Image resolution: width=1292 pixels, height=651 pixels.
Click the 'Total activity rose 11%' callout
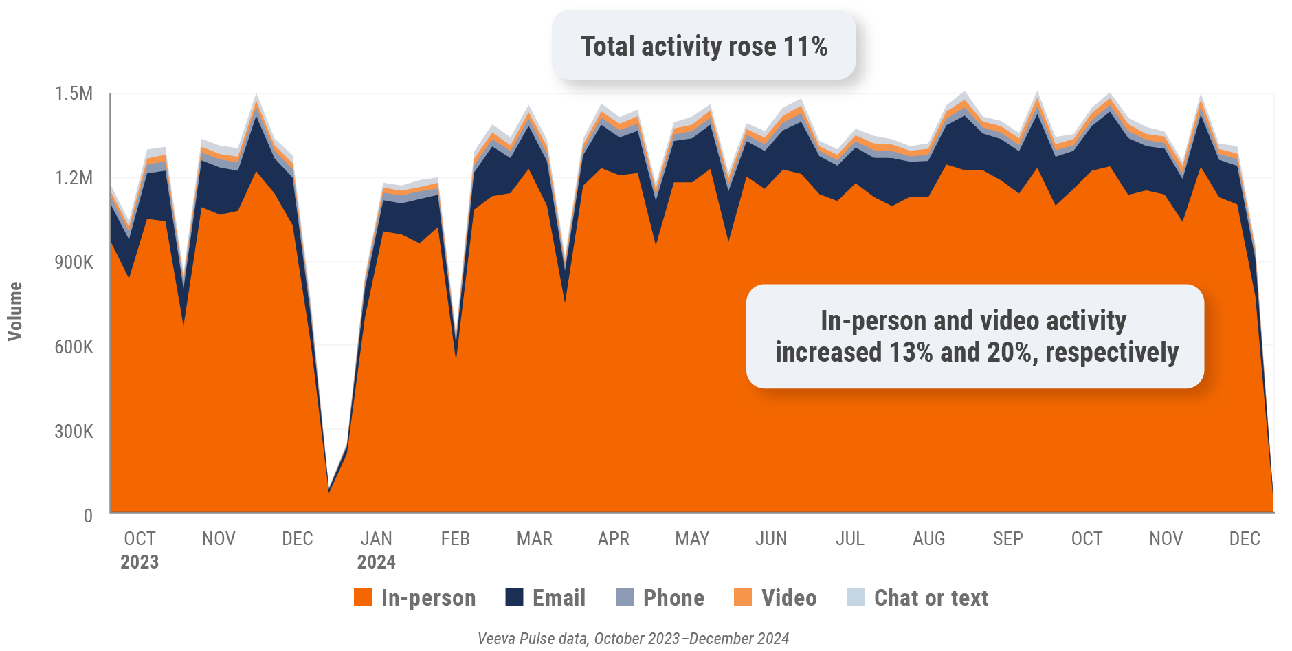(703, 46)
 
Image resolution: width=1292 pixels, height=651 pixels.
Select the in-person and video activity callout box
(975, 336)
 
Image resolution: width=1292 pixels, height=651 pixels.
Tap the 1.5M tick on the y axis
(74, 93)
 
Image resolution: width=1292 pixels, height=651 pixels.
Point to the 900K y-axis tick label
(74, 262)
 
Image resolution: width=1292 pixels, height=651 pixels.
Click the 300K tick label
(74, 431)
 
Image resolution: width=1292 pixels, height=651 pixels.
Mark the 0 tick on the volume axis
(88, 516)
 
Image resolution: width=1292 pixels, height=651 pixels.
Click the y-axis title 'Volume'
(15, 311)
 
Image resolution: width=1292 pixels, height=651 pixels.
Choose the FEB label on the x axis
(455, 538)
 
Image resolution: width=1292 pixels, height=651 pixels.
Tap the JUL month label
(850, 538)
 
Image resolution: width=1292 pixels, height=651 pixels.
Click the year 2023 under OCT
(140, 562)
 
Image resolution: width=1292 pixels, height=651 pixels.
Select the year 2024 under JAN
(376, 562)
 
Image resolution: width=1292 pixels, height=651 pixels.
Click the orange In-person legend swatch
(363, 597)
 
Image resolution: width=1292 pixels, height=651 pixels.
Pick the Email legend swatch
(514, 597)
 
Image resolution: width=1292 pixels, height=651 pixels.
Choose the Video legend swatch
(743, 597)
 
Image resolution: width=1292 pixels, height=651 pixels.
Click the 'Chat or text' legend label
(931, 597)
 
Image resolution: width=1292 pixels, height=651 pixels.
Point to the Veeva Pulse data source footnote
(633, 639)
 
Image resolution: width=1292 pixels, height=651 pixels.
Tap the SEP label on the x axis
(1007, 538)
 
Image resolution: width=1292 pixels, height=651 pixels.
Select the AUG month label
(928, 538)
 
